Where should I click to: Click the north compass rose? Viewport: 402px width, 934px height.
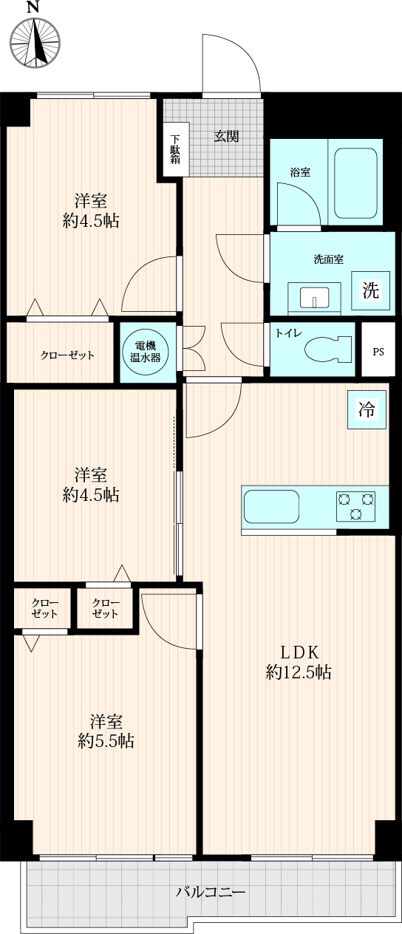[35, 43]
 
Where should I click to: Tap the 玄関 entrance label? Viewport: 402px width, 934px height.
[226, 137]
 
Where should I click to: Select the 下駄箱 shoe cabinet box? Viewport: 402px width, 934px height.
[175, 149]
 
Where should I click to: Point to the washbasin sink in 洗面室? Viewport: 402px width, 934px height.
[315, 296]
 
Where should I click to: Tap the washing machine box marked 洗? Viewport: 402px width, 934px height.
[370, 290]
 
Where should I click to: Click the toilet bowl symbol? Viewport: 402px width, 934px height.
[328, 349]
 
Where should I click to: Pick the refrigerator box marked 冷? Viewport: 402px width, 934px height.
[367, 409]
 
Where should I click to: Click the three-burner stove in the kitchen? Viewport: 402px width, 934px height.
[355, 506]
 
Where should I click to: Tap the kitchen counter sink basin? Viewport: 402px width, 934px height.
[271, 507]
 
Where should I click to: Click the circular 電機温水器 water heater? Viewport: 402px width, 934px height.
[145, 352]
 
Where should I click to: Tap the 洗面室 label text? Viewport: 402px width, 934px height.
[329, 259]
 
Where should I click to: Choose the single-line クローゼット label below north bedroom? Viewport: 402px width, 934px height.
[67, 355]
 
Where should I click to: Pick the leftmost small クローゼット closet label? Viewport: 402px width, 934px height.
[44, 608]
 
